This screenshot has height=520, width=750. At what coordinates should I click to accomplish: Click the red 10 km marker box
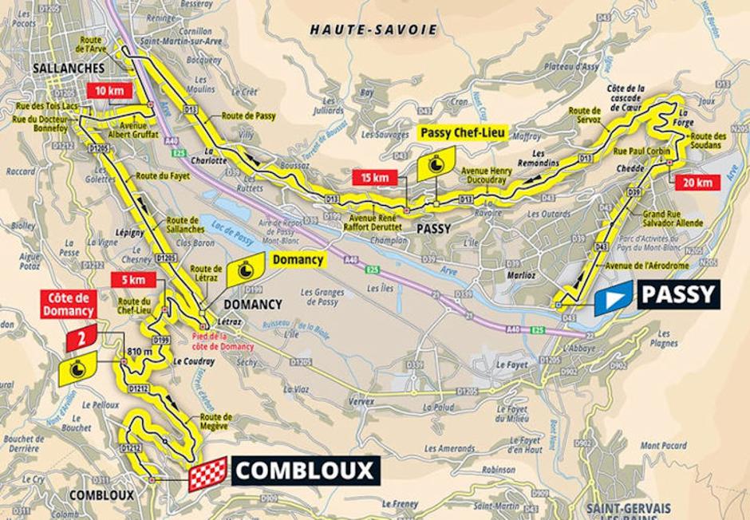pos(109,91)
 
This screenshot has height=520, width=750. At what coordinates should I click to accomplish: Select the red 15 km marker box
pos(373,177)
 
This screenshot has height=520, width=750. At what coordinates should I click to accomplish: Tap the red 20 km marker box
pos(698,183)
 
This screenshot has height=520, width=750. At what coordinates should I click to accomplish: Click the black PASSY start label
pos(678,294)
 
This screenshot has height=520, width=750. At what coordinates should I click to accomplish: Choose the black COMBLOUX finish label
pos(306,471)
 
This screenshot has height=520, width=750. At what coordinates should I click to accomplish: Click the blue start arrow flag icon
pos(612,297)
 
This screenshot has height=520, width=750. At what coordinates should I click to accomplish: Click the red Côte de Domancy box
pos(70,304)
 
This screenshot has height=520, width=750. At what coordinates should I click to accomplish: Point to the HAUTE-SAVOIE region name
pos(373,30)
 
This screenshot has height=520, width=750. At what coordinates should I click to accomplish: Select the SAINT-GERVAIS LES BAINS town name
pos(627,511)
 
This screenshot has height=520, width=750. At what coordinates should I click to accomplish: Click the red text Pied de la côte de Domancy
pos(223,342)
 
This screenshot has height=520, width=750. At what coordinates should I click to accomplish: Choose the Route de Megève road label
pos(216,420)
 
